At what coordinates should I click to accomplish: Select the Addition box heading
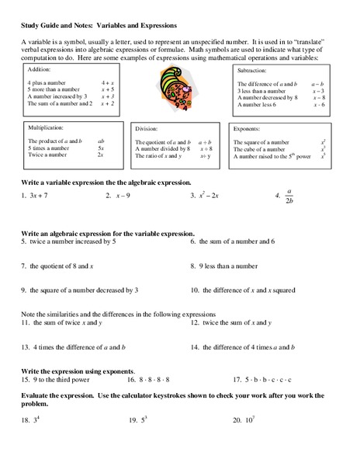click(x=41, y=68)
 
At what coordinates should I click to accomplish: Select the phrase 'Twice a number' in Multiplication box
click(x=46, y=155)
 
